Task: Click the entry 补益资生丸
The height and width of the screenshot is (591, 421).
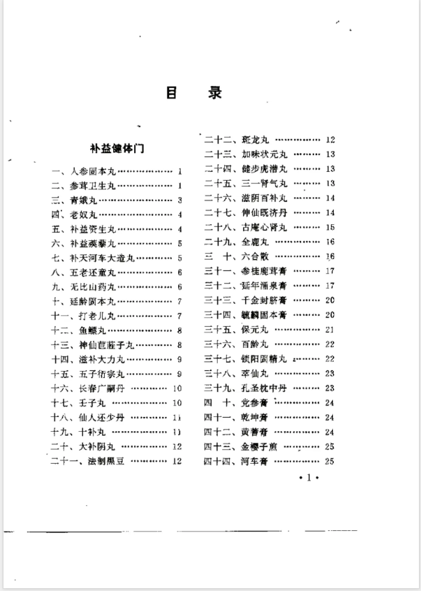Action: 89,229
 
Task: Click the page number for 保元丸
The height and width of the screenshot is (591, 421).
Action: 330,329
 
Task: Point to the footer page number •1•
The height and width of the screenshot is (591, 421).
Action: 308,482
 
